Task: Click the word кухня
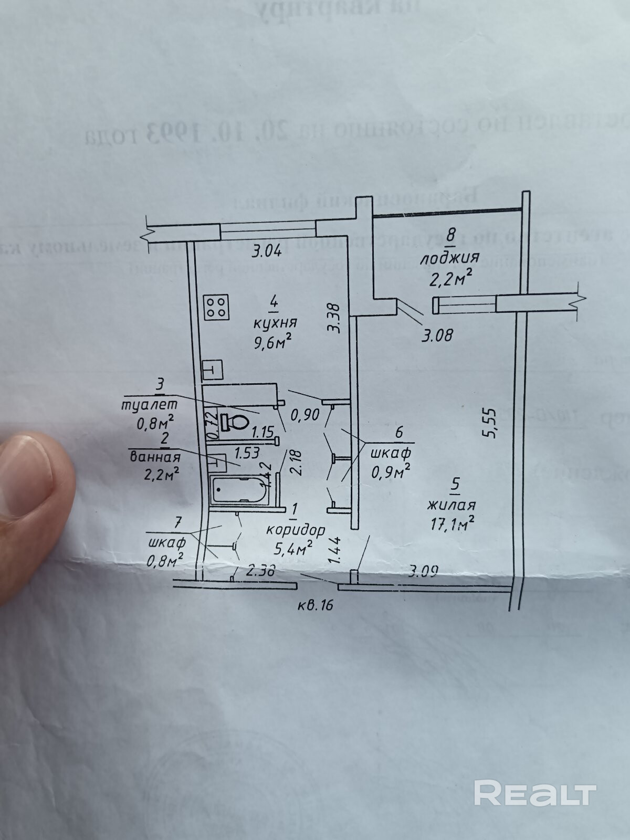pos(273,322)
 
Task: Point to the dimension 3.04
pos(267,251)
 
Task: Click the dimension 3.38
pos(334,318)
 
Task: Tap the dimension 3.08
pos(437,334)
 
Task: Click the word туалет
pos(149,405)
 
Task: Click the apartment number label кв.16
pos(314,605)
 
